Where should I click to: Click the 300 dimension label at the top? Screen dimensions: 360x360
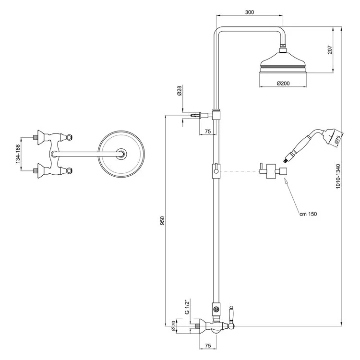[x=249, y=12]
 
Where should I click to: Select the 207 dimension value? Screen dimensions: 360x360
[x=330, y=50]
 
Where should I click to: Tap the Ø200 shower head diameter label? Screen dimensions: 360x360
[x=283, y=84]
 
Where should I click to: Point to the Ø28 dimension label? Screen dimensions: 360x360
[x=180, y=90]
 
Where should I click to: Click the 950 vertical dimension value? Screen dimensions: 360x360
[x=162, y=221]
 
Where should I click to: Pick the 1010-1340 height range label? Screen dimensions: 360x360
[x=338, y=176]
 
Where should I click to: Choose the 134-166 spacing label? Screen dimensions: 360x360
[x=18, y=154]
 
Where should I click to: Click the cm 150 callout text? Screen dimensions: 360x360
[x=308, y=214]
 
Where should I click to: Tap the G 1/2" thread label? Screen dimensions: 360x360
[x=187, y=307]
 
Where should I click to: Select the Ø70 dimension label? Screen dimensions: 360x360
[x=174, y=325]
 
